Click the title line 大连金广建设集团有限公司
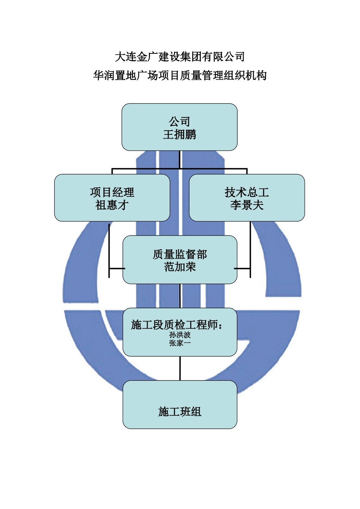point(180,57)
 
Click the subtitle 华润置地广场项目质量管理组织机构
point(180,76)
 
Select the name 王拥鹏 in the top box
point(180,135)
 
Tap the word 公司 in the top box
point(180,122)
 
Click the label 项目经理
point(112,192)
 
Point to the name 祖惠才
point(112,205)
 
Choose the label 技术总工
point(247,192)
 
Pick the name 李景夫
point(247,205)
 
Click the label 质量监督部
point(180,254)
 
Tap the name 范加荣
point(180,267)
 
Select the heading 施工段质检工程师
point(176,325)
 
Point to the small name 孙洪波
point(180,335)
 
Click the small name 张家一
point(180,343)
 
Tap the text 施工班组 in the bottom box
point(180,412)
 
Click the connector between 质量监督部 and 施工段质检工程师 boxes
point(180,296)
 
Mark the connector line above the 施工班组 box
point(180,368)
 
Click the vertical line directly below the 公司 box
point(180,159)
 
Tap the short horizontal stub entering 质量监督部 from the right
point(243,269)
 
